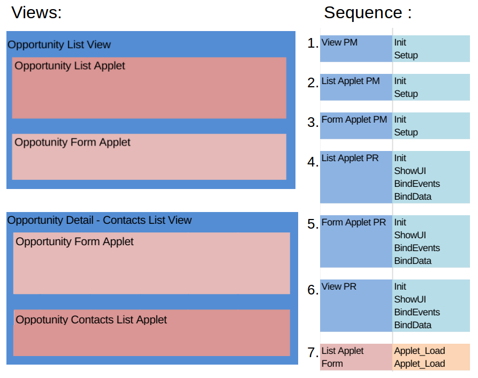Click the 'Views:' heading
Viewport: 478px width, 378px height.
click(36, 12)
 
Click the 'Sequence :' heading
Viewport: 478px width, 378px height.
click(368, 12)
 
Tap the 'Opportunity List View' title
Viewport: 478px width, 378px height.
click(59, 45)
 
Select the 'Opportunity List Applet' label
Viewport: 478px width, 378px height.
click(70, 66)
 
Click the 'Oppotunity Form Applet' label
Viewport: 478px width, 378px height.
click(72, 142)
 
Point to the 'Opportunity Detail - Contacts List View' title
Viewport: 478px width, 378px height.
click(100, 220)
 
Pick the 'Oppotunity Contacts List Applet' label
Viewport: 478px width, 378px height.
click(91, 320)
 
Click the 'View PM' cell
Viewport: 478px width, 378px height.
click(339, 42)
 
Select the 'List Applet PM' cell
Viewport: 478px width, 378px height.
click(351, 81)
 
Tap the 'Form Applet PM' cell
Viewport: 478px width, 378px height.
click(354, 119)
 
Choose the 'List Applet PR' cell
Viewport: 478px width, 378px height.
click(350, 158)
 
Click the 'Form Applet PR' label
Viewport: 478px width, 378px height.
click(353, 222)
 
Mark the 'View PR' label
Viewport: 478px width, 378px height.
click(339, 286)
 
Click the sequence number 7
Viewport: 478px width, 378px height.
click(313, 353)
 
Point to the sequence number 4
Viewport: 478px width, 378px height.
click(313, 161)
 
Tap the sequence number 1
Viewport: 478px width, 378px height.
click(313, 43)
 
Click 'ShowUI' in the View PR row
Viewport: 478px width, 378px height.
click(410, 299)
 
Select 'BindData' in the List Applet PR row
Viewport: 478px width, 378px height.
click(413, 196)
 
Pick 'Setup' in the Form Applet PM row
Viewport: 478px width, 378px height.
click(406, 132)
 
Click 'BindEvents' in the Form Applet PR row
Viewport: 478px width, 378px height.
click(417, 248)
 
